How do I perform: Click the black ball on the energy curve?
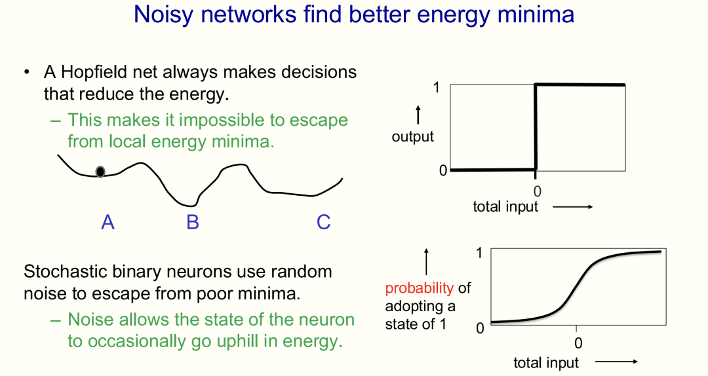[x=100, y=172]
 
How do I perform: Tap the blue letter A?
[x=108, y=222]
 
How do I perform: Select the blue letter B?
[x=193, y=222]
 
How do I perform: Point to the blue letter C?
[x=323, y=222]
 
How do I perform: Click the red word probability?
[x=420, y=288]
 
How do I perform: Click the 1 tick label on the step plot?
[x=436, y=87]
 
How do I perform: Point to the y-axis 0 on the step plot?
[x=443, y=170]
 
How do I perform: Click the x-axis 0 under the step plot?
[x=537, y=191]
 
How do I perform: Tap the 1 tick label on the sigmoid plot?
[x=479, y=253]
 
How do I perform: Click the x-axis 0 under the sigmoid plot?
[x=578, y=343]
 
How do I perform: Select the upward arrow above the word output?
[x=418, y=115]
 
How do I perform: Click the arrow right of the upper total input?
[x=572, y=207]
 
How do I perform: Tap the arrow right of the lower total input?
[x=616, y=362]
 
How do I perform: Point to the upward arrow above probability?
[x=426, y=261]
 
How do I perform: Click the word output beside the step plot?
[x=413, y=137]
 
